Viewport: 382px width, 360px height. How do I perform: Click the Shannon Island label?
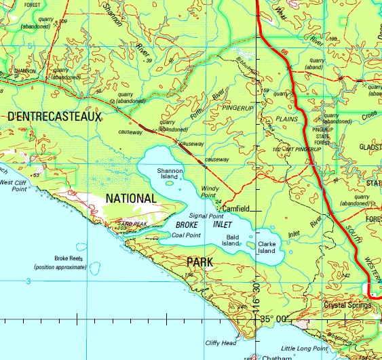[x=170, y=175]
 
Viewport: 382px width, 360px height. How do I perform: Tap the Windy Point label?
[x=212, y=191]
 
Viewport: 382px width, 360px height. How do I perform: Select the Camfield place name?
[x=237, y=208]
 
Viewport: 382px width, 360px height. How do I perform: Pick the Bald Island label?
[x=232, y=240]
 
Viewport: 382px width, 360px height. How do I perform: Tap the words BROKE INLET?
[x=203, y=224]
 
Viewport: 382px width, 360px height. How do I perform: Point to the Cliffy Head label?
[x=220, y=342]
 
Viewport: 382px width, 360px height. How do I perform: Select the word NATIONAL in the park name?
[x=131, y=198]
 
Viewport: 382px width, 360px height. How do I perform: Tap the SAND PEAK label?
[x=132, y=223]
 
